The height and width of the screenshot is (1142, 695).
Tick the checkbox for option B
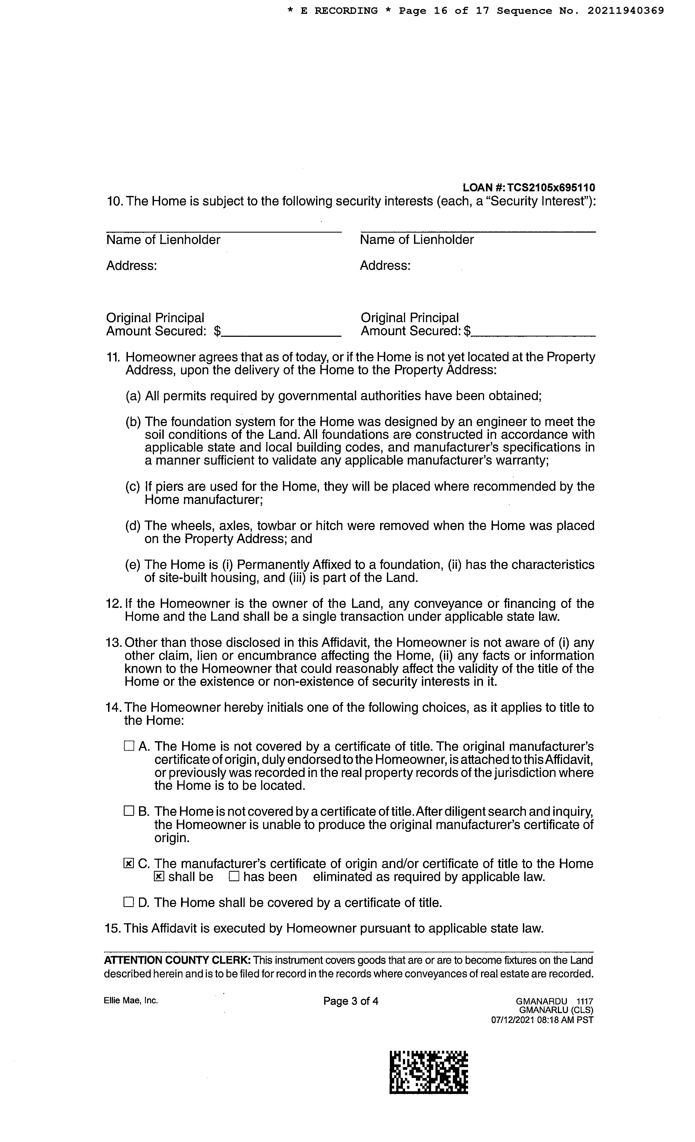coord(129,811)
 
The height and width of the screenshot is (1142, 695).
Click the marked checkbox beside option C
coord(129,864)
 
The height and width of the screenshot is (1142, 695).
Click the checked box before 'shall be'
coord(159,876)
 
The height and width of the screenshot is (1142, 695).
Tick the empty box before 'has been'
coord(234,876)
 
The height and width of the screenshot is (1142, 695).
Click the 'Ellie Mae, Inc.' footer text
coord(131,1000)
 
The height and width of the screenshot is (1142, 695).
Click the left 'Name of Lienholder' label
coord(163,240)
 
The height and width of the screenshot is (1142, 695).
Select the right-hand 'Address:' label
coord(385,266)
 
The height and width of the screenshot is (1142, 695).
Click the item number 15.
coord(113,928)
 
